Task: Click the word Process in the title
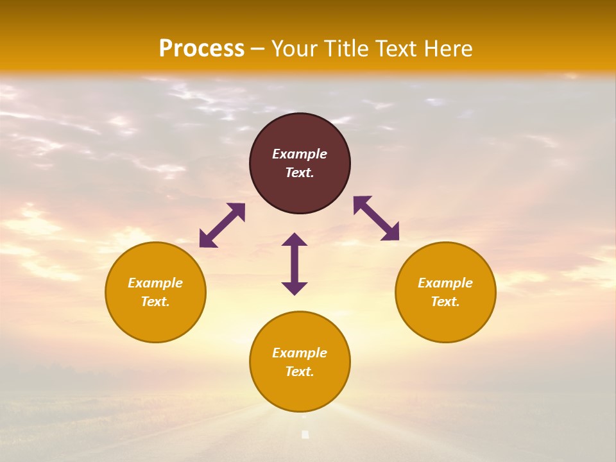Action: (201, 49)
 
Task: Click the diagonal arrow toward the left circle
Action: (222, 225)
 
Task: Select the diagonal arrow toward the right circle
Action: (376, 218)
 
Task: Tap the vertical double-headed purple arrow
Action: (295, 264)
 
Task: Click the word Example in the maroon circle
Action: (300, 154)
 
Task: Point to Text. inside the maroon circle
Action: (300, 173)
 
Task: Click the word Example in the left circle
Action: (155, 283)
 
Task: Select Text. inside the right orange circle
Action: (445, 302)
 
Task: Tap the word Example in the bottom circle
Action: (300, 353)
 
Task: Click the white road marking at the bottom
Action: (305, 434)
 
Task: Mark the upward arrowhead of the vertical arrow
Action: (295, 239)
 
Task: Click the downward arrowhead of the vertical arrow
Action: (295, 288)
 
